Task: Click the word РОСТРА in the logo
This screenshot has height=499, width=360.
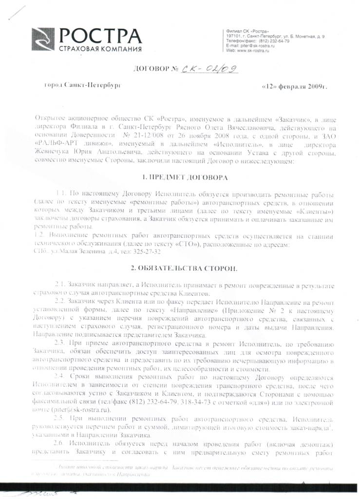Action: point(100,36)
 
